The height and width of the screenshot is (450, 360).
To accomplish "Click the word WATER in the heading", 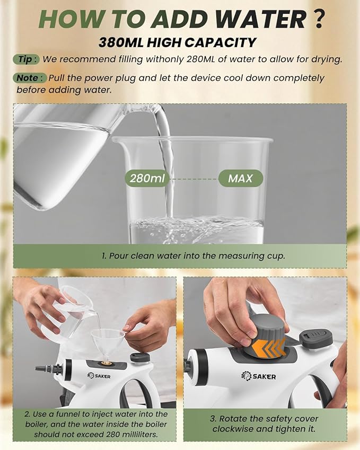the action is pyautogui.click(x=261, y=19).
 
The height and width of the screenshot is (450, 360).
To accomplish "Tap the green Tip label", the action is pyautogui.click(x=26, y=59).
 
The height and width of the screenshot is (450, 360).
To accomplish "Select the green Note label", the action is pyautogui.click(x=29, y=78).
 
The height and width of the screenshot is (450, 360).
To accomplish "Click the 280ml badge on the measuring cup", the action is pyautogui.click(x=147, y=178).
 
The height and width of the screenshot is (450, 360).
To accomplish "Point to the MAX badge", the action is pyautogui.click(x=241, y=178).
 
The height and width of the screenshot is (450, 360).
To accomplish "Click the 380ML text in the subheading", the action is pyautogui.click(x=121, y=42).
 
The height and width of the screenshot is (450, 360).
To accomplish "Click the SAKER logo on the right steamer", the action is pyautogui.click(x=258, y=376).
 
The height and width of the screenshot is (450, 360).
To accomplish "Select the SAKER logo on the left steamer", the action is pyautogui.click(x=99, y=376).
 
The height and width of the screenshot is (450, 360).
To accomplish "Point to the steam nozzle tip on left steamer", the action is pyautogui.click(x=38, y=368).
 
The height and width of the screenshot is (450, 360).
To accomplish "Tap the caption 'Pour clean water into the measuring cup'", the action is pyautogui.click(x=194, y=255).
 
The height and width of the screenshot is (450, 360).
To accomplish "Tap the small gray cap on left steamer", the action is pyautogui.click(x=140, y=357).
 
